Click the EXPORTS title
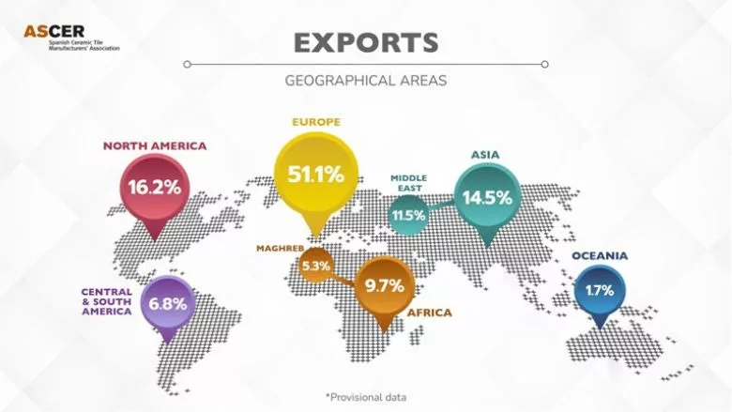[365, 42]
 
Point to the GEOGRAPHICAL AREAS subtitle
[365, 80]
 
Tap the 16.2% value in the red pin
[155, 187]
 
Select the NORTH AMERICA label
[155, 146]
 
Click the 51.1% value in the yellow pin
[315, 174]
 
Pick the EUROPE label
[315, 123]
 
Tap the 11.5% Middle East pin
[409, 215]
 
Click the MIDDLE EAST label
[407, 183]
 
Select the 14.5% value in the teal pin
[487, 197]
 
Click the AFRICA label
[429, 313]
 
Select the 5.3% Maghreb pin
[315, 267]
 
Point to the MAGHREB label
[282, 248]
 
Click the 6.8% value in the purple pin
[167, 304]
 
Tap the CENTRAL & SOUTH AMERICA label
[106, 301]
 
